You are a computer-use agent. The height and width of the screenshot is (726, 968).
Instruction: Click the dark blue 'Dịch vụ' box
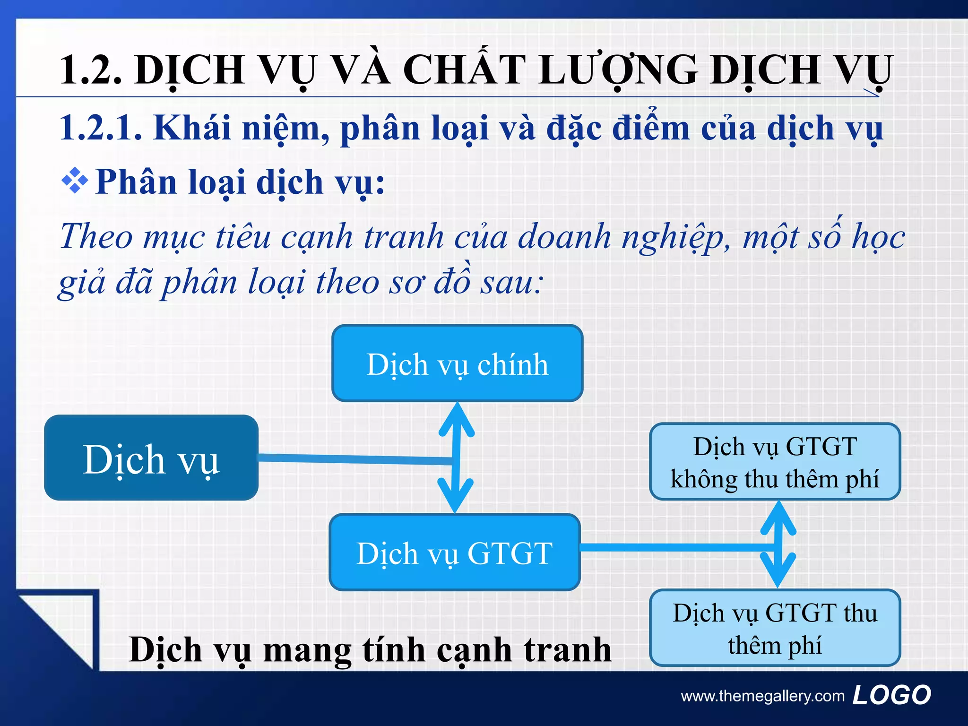[151, 458]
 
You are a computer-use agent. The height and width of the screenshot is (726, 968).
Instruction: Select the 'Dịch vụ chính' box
[457, 363]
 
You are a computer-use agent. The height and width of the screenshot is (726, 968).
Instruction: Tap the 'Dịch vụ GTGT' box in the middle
[454, 552]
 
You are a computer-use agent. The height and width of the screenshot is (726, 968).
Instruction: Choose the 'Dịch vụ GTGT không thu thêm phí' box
[775, 462]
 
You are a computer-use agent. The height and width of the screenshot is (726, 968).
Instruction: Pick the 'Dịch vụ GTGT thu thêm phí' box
[775, 628]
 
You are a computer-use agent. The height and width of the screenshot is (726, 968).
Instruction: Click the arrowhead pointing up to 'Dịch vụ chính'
[457, 418]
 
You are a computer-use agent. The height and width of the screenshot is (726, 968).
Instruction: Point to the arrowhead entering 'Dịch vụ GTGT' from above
[455, 496]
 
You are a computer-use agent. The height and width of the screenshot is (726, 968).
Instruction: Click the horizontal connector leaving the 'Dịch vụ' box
[354, 458]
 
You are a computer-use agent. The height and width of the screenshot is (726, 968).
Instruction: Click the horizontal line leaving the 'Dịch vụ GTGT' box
[676, 547]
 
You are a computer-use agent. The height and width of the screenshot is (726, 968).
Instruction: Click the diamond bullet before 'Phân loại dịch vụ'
[75, 181]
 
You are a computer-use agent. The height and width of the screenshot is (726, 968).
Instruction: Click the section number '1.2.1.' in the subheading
[101, 128]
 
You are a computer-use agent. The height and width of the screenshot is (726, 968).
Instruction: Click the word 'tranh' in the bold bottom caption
[567, 649]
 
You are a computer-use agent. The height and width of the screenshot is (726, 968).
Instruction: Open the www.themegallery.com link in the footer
[762, 696]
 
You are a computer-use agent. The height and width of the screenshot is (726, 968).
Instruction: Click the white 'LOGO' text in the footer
[891, 695]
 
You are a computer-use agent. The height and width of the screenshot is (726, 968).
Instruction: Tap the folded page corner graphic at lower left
[57, 629]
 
